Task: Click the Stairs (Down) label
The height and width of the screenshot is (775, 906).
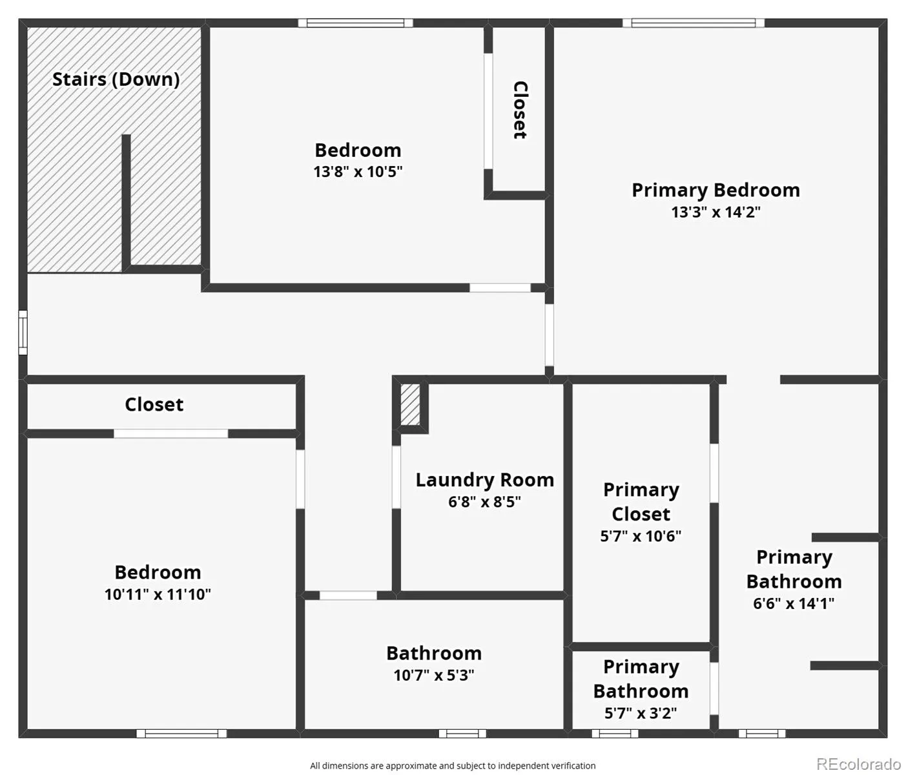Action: coord(116,80)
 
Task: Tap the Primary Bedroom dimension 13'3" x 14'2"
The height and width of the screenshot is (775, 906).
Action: coord(716,212)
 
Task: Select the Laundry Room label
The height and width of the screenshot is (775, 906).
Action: coord(485,480)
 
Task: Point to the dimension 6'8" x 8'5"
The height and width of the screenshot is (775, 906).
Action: coord(484,501)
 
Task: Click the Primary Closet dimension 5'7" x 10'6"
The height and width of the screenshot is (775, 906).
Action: coord(641,535)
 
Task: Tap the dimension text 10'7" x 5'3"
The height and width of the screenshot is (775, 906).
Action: coord(433,675)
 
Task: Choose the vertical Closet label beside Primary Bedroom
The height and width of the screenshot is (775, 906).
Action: coord(520,110)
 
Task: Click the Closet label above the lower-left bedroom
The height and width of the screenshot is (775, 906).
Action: coord(154,404)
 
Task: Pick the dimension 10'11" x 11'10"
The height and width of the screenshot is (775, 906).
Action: coord(158,594)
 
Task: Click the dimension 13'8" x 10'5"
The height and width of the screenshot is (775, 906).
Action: coord(358,171)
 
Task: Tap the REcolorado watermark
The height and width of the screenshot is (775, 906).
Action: coord(858,764)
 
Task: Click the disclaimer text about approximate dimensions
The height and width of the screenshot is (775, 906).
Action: coord(453,766)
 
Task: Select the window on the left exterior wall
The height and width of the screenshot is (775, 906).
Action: coord(23,333)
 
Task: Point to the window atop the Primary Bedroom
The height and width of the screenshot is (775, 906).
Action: coord(694,23)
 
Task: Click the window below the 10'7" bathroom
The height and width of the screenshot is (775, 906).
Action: coord(462,734)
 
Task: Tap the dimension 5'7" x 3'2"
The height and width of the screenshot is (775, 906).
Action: coord(641,713)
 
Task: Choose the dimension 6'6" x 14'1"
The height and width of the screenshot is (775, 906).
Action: coord(794,604)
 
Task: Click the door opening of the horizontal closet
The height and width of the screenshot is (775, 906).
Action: coord(171,433)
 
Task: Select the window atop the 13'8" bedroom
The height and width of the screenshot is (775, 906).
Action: coord(355,23)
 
